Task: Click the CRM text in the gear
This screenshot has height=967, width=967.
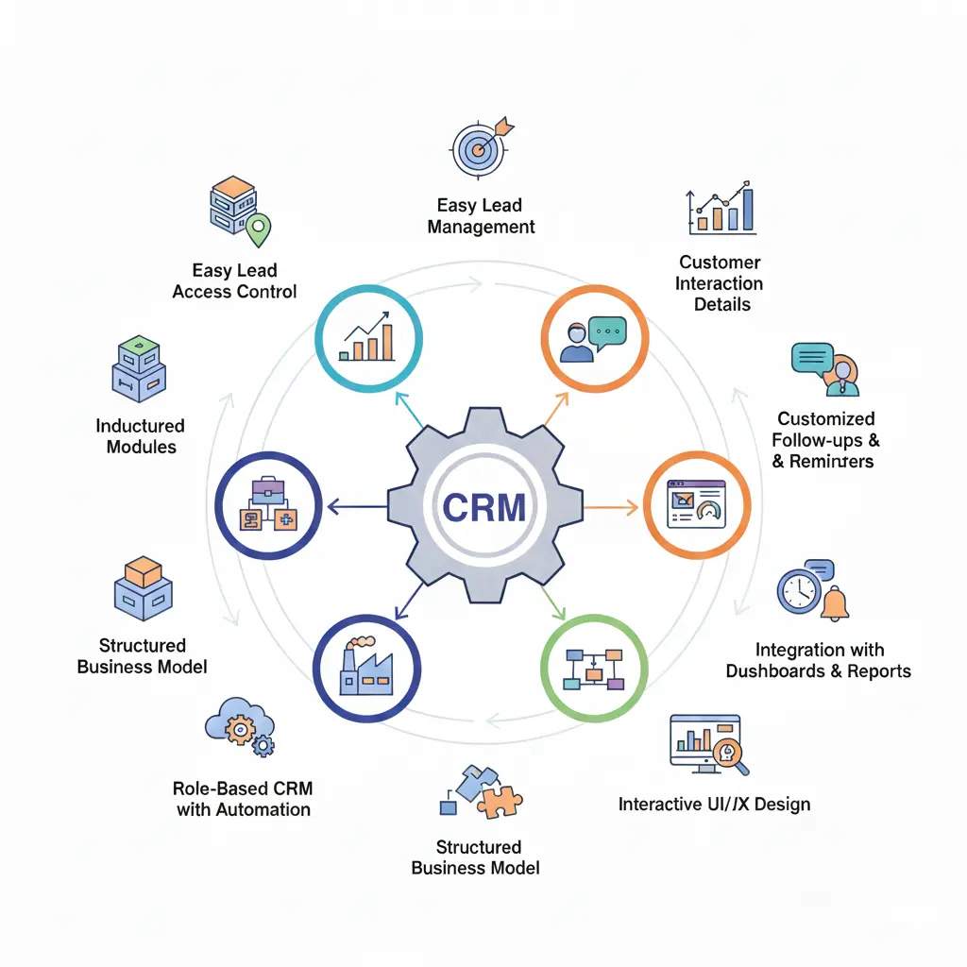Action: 483,507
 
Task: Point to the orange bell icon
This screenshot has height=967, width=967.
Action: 834,604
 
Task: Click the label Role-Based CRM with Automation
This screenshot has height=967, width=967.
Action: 243,799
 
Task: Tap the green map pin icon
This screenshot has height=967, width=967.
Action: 257,227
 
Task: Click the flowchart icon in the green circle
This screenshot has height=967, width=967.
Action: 593,669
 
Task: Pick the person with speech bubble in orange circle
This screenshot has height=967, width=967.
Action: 595,339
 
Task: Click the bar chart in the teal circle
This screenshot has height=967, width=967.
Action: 368,337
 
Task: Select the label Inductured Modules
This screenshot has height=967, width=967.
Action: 141,436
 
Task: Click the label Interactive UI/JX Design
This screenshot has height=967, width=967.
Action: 714,805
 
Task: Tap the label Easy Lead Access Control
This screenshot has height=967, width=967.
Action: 234,281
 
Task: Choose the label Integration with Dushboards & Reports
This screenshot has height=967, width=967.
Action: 818,660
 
